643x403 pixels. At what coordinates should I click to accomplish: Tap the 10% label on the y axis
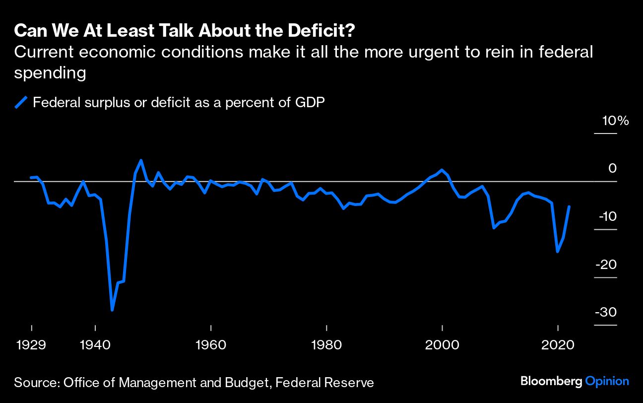[x=615, y=121]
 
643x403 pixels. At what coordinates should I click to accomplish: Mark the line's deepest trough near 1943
[x=113, y=310]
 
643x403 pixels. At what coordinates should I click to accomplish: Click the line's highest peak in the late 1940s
[x=141, y=160]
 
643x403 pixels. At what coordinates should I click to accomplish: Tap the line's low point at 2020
[x=558, y=252]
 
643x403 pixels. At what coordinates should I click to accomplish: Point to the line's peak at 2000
[x=442, y=170]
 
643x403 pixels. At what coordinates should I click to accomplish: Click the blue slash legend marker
[x=21, y=103]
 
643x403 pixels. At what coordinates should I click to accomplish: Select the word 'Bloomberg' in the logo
[x=551, y=382]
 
